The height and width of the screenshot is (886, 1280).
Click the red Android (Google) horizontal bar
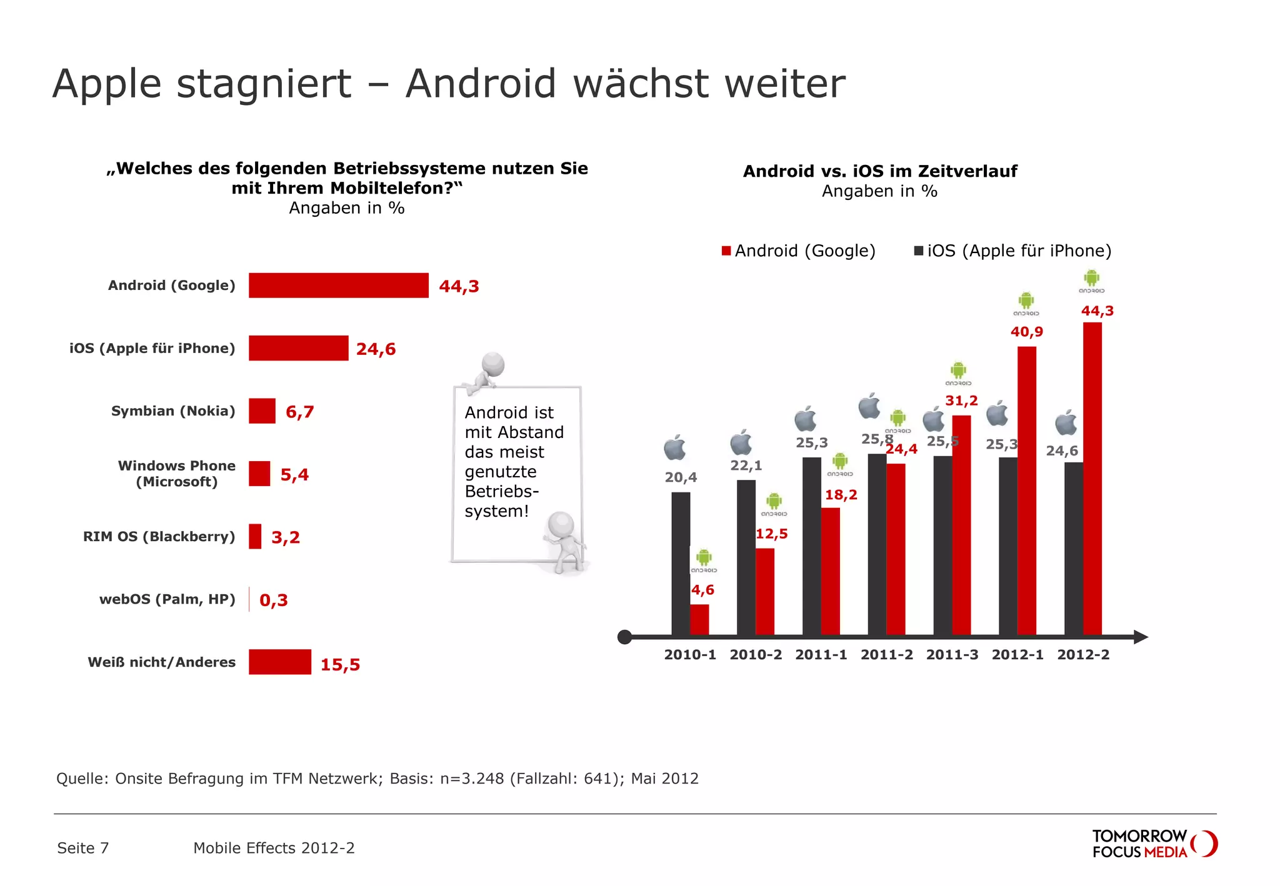pyautogui.click(x=338, y=286)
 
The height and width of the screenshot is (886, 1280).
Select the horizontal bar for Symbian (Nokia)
pyautogui.click(x=262, y=411)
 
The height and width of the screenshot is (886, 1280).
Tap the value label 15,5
pyautogui.click(x=340, y=664)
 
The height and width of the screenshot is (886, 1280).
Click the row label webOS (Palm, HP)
pyautogui.click(x=167, y=599)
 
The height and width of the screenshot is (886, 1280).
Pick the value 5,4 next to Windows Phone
pyautogui.click(x=294, y=475)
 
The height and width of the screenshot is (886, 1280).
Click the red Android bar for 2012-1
pyautogui.click(x=1026, y=490)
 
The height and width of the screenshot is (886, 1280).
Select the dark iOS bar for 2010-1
pyautogui.click(x=681, y=562)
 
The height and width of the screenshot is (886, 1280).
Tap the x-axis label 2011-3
pyautogui.click(x=952, y=655)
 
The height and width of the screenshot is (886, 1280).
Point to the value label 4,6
pyautogui.click(x=702, y=590)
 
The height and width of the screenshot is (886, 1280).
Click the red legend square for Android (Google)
pyautogui.click(x=726, y=251)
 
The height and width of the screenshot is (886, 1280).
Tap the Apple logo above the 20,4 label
pyautogui.click(x=675, y=448)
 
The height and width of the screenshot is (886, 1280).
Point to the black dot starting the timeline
pyautogui.click(x=624, y=637)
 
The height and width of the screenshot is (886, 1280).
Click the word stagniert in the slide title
pyautogui.click(x=264, y=84)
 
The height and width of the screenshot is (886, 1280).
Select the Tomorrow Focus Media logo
pyautogui.click(x=1154, y=844)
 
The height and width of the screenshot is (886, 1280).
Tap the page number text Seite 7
pyautogui.click(x=83, y=848)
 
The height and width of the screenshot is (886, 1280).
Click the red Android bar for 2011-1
pyautogui.click(x=830, y=571)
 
